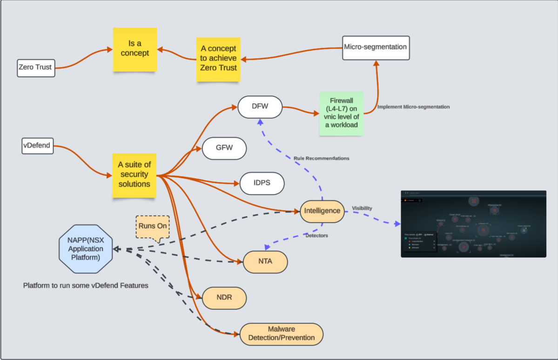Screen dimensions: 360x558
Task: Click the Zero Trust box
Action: tap(35, 68)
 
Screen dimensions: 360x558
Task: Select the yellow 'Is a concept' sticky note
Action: tap(135, 49)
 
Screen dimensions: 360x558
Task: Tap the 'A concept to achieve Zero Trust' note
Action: tap(218, 59)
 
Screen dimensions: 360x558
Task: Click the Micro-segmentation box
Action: tap(376, 47)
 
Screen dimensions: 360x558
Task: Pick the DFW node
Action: tap(260, 107)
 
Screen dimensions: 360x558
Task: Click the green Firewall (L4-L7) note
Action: tap(341, 114)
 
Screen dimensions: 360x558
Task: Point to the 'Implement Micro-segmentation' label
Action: tap(413, 107)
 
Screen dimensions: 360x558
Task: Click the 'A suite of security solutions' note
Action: tap(135, 175)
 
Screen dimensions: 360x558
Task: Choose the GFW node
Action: tap(224, 149)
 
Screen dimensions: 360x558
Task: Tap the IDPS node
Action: tap(262, 183)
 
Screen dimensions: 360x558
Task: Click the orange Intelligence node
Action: tap(322, 211)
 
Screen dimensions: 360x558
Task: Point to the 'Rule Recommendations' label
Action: tap(321, 158)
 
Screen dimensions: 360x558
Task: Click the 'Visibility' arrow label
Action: tap(362, 208)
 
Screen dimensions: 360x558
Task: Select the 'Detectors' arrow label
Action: tap(316, 236)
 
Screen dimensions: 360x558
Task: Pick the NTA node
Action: tap(265, 262)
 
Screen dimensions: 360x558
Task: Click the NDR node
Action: tap(224, 298)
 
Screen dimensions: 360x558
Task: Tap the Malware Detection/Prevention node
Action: tap(282, 333)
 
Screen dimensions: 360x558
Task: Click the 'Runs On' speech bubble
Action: tap(152, 226)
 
